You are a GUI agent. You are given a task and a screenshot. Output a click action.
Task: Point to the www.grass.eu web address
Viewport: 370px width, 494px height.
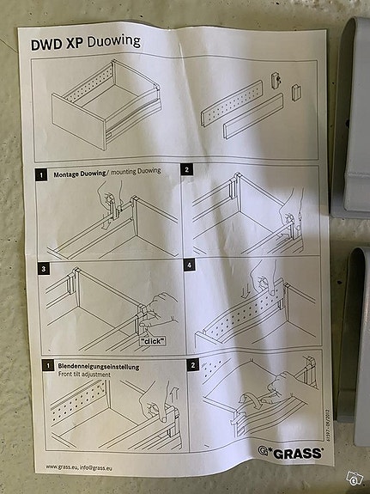[64, 467]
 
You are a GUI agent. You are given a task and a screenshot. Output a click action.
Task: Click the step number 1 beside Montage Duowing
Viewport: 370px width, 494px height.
[40, 174]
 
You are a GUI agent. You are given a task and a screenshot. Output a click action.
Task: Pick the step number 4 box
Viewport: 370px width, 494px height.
[189, 265]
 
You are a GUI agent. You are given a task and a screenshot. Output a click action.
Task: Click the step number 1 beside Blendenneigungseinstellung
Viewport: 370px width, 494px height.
[43, 367]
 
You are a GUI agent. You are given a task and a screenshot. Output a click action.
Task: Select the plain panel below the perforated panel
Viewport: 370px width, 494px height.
[252, 118]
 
